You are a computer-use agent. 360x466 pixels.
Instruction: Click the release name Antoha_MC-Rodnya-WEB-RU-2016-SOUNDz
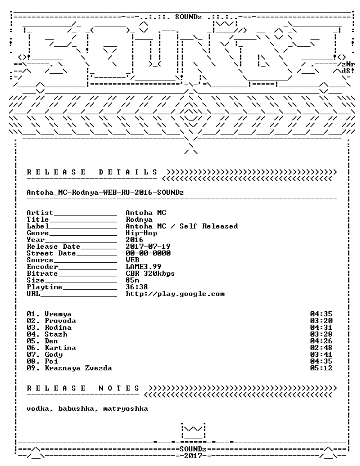[x=105, y=192]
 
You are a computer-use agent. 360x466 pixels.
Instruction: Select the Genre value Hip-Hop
[x=141, y=234]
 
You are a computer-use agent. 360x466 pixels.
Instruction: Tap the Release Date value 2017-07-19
[x=148, y=247]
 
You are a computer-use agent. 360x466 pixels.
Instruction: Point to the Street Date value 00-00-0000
[x=148, y=253]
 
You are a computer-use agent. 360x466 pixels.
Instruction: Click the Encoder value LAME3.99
[x=143, y=267]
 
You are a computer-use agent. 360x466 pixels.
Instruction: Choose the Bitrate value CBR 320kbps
[x=150, y=274]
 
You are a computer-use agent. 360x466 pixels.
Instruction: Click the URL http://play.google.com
[x=175, y=294]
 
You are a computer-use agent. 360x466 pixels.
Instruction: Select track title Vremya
[x=58, y=315]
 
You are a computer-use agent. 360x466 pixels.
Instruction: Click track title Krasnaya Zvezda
[x=78, y=368]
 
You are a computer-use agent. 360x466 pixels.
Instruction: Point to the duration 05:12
[x=321, y=368]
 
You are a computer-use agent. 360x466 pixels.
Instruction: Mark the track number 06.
[x=31, y=348]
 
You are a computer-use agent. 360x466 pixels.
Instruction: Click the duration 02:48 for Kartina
[x=321, y=348]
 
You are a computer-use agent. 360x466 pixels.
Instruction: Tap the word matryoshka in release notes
[x=125, y=409]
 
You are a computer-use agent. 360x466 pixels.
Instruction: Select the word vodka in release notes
[x=38, y=409]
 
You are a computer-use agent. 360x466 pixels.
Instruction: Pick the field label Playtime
[x=44, y=287]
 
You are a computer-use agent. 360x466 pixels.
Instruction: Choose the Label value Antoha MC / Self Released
[x=182, y=226]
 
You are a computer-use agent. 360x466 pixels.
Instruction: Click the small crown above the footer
[x=193, y=431]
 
